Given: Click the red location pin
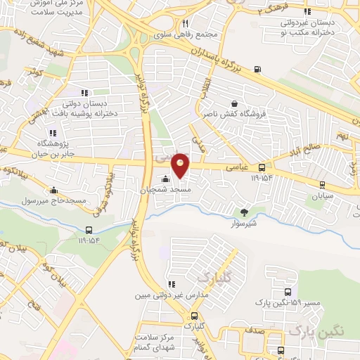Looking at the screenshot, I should click(181, 166).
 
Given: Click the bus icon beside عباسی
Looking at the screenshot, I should click(262, 167).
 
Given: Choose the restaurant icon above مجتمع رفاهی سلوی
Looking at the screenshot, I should click(185, 22).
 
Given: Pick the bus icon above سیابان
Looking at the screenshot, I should click(322, 185).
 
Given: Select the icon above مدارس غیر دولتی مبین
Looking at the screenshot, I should click(171, 284).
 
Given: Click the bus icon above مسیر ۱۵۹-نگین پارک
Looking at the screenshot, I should click(287, 292).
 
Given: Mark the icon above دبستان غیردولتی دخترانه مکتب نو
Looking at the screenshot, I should click(307, 11).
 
